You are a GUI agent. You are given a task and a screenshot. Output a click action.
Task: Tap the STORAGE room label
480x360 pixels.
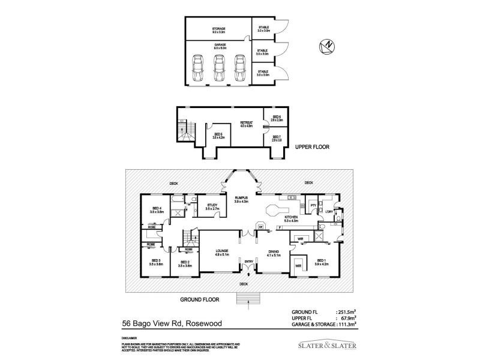pyautogui.click(x=218, y=28)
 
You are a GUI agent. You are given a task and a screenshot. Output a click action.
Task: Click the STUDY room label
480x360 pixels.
pyautogui.click(x=212, y=205)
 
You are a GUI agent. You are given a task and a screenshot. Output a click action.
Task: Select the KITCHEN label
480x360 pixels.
pyautogui.click(x=291, y=217)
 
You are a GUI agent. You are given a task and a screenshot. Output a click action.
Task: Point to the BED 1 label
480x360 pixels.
pyautogui.click(x=322, y=260)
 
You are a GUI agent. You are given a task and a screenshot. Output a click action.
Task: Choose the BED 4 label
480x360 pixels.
pyautogui.click(x=157, y=208)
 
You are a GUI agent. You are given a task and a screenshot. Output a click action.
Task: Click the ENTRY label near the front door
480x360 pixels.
pyautogui.click(x=248, y=262)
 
